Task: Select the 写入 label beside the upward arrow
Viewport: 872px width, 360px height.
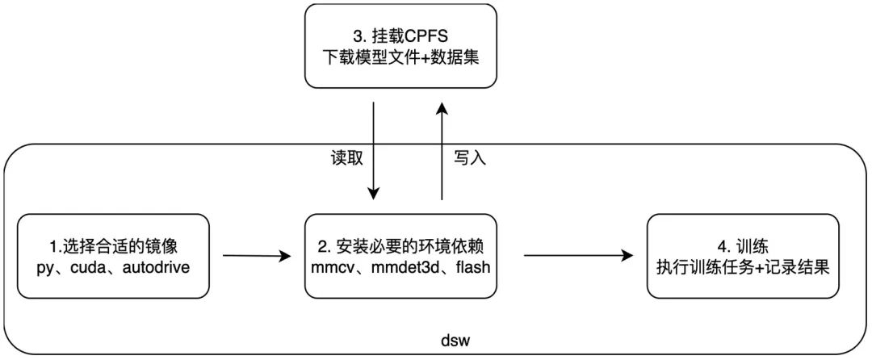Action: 469,159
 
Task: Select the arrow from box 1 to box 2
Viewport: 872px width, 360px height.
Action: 255,257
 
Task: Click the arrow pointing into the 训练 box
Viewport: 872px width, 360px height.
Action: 578,257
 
